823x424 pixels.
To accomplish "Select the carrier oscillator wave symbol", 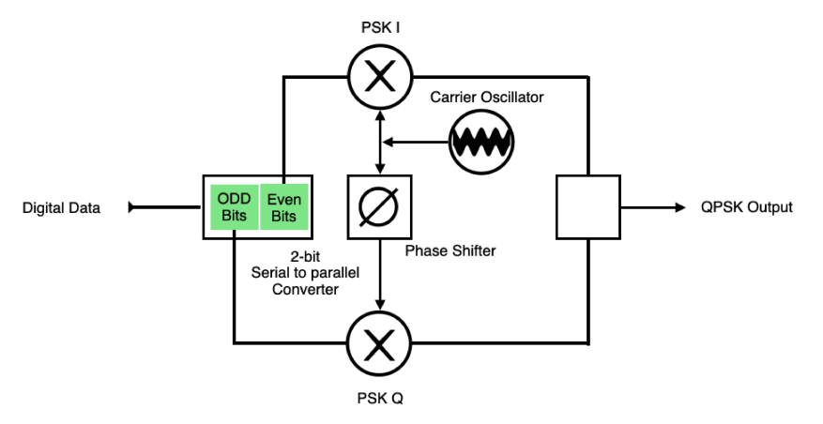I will pyautogui.click(x=480, y=142).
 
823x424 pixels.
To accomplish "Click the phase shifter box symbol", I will pyautogui.click(x=380, y=206).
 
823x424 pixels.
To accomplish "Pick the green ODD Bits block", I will pyautogui.click(x=231, y=206).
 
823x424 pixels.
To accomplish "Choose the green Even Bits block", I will pyautogui.click(x=282, y=206).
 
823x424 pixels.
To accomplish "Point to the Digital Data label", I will pyautogui.click(x=61, y=207).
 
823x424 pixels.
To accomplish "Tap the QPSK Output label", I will pyautogui.click(x=746, y=207).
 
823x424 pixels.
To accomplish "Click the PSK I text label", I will pyautogui.click(x=380, y=28).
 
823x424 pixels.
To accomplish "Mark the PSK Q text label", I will pyautogui.click(x=380, y=398).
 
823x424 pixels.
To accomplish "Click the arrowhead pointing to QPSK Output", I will pyautogui.click(x=679, y=207).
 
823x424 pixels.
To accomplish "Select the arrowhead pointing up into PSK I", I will pyautogui.click(x=380, y=114).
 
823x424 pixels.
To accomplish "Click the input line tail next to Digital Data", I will pyautogui.click(x=132, y=207).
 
